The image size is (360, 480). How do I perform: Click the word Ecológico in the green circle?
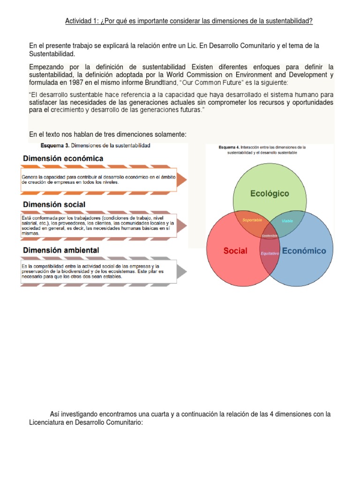(270, 193)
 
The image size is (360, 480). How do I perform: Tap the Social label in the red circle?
(235, 251)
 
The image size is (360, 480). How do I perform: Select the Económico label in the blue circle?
(304, 251)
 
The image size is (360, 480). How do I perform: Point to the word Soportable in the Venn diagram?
(252, 220)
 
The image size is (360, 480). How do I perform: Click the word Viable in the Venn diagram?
(287, 220)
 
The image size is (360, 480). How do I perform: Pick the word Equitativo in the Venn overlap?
(270, 253)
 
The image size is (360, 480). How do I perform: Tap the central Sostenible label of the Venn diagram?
(270, 235)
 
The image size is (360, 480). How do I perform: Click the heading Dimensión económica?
(63, 158)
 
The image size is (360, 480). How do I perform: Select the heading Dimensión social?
(54, 204)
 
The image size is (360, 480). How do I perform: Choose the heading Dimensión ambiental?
(60, 250)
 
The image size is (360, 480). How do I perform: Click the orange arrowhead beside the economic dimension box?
(182, 180)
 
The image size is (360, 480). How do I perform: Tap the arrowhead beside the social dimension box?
(182, 226)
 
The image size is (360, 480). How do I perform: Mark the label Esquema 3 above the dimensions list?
(56, 146)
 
